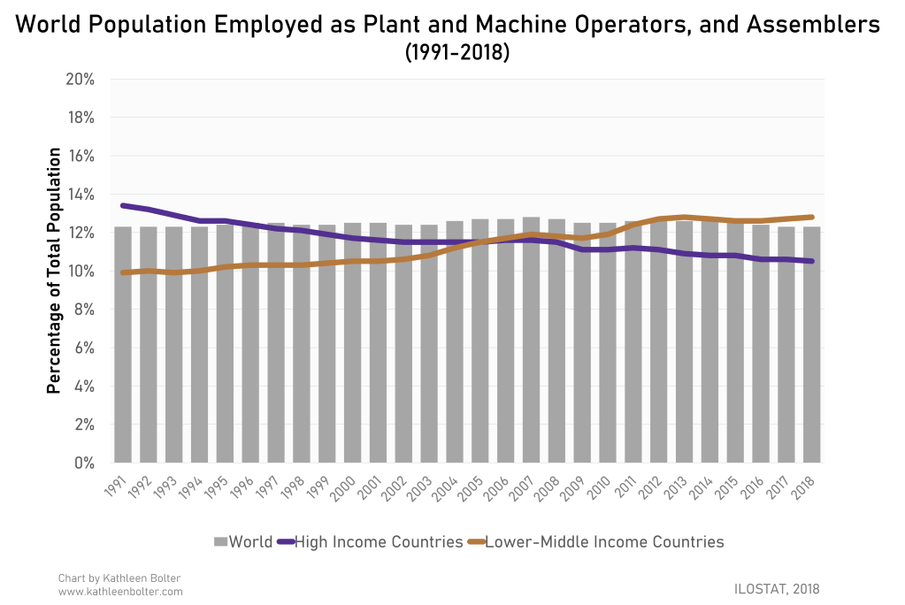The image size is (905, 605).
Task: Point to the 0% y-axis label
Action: point(85,463)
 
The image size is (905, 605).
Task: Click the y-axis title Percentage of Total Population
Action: point(54,270)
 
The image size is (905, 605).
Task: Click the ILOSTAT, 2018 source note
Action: point(778,587)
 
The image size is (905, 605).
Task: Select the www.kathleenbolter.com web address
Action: point(119,591)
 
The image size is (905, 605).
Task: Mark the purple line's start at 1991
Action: point(123,205)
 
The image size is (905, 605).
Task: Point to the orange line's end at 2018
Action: point(812,217)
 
